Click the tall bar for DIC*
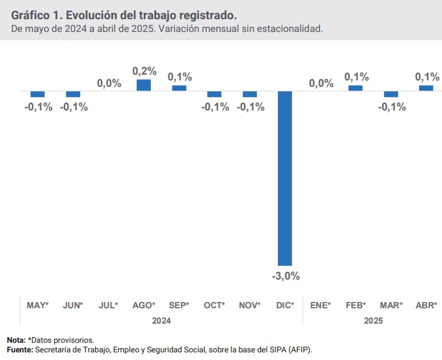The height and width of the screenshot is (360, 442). click(285, 178)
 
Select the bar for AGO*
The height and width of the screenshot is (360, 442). click(144, 86)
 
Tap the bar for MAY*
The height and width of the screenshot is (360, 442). click(38, 94)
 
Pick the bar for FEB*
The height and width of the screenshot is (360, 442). click(356, 88)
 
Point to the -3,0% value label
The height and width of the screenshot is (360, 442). click(286, 276)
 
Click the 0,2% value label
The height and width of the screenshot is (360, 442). click(144, 71)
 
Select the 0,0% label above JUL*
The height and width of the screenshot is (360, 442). click(109, 83)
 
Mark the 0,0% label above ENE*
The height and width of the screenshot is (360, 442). click(321, 83)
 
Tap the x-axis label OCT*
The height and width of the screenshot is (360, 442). click(215, 305)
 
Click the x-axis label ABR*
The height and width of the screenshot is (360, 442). click(426, 305)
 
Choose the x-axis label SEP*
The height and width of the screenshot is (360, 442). click(179, 305)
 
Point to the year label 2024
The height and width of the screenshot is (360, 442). click(161, 321)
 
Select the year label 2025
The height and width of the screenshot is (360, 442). click(373, 321)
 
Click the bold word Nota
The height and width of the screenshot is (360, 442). click(15, 340)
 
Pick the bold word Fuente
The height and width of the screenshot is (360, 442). click(20, 350)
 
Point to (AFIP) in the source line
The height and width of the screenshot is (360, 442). click(298, 350)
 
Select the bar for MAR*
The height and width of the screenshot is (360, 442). click(391, 94)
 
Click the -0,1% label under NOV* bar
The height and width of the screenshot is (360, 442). click(250, 107)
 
